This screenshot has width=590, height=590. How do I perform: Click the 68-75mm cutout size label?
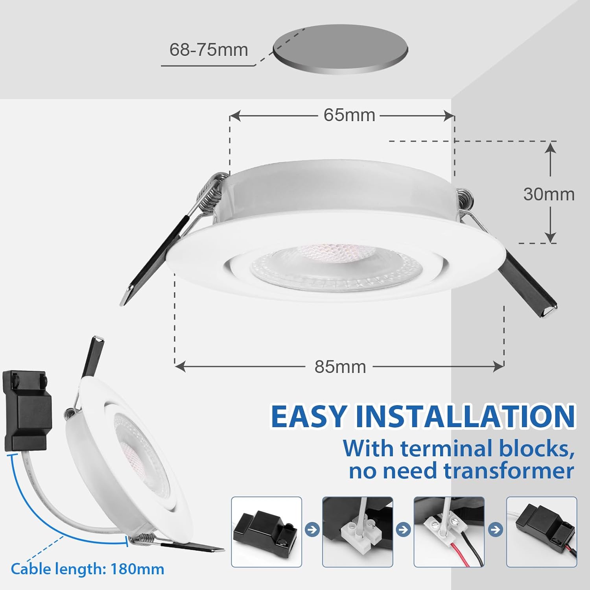point(208,50)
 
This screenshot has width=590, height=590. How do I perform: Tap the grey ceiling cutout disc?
point(341,49)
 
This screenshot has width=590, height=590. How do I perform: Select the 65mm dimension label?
point(349,115)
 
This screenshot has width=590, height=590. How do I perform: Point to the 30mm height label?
point(549,194)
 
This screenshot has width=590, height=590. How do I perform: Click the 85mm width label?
point(340,367)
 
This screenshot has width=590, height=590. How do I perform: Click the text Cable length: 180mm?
point(87,569)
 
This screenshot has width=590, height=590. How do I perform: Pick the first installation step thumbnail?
point(266,532)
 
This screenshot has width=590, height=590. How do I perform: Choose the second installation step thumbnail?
point(358,532)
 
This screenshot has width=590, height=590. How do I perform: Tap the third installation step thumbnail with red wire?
point(449,532)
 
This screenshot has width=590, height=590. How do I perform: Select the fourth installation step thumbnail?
point(541,532)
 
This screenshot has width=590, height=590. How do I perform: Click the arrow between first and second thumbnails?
point(312,529)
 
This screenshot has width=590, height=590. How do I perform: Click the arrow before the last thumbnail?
point(496,529)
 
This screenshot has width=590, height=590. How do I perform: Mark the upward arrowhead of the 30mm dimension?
point(550,147)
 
